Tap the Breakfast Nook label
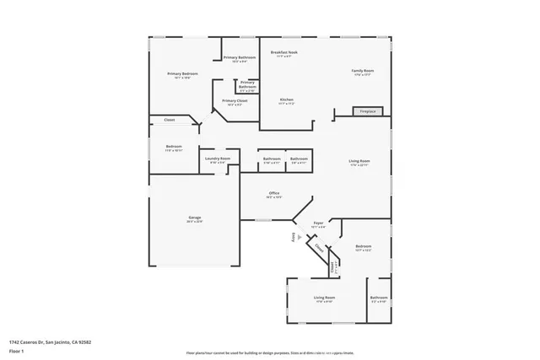pyautogui.click(x=283, y=53)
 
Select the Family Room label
pyautogui.click(x=363, y=72)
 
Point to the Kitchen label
pyautogui.click(x=286, y=100)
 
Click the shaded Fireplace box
pyautogui.click(x=367, y=111)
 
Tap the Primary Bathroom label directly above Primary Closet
pyautogui.click(x=246, y=84)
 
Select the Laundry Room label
pyautogui.click(x=217, y=159)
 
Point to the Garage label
pyautogui.click(x=194, y=218)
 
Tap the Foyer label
pyautogui.click(x=318, y=224)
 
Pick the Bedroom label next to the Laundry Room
pyautogui.click(x=174, y=148)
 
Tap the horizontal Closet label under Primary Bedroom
pyautogui.click(x=169, y=120)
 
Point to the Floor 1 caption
pyautogui.click(x=17, y=350)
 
